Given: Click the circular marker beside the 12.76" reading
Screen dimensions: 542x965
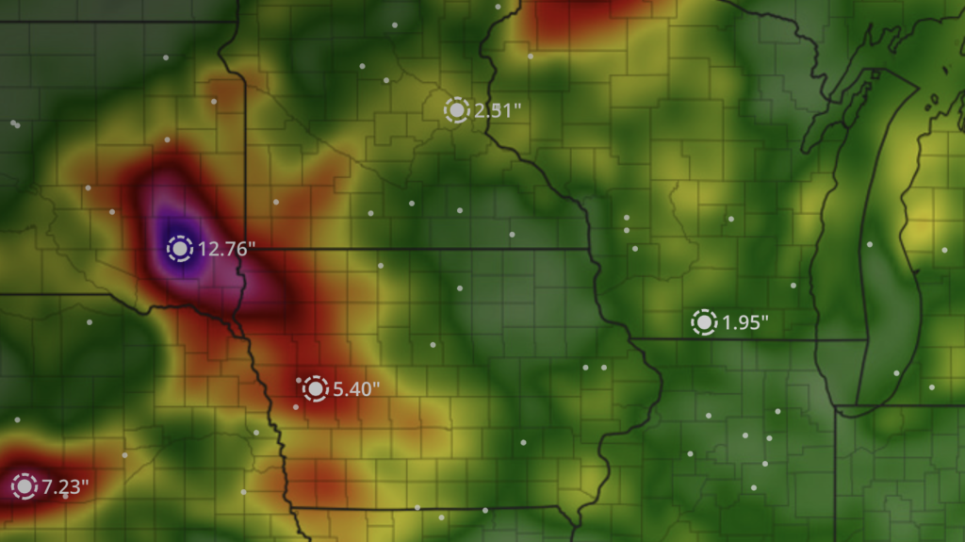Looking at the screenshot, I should tap(180, 249).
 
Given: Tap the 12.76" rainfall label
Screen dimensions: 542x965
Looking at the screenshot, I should tap(227, 250).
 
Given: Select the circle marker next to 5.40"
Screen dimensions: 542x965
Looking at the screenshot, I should tap(315, 388).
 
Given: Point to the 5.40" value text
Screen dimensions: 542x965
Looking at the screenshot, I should tap(357, 388).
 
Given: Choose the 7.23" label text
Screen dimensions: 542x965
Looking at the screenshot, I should tap(65, 487).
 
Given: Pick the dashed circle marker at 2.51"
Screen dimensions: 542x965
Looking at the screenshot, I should tap(457, 110).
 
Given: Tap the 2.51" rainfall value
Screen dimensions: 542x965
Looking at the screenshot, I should tap(498, 110).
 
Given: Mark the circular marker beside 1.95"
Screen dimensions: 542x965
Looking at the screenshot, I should tap(704, 322).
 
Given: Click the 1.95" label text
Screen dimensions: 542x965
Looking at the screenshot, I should tap(745, 323).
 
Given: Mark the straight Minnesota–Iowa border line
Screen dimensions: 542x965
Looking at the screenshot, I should tap(415, 250).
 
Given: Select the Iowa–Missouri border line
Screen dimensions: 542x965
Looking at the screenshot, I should tap(424, 508).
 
